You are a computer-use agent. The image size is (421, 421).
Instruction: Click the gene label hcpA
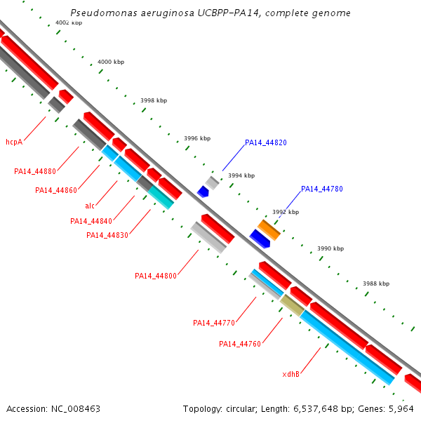tap(14, 142)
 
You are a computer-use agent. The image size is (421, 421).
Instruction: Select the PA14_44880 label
tap(35, 171)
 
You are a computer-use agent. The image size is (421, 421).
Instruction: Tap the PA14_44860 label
tap(56, 190)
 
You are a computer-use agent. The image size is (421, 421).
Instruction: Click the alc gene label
tap(89, 206)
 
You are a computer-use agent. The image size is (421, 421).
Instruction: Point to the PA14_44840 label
tap(91, 221)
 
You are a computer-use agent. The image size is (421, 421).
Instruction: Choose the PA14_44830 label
tap(107, 235)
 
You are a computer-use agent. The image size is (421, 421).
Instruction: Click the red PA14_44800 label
tap(156, 276)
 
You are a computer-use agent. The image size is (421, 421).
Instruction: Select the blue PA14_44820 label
tap(266, 142)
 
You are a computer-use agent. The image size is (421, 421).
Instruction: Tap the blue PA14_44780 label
tap(322, 189)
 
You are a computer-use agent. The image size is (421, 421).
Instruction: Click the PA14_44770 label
tap(214, 323)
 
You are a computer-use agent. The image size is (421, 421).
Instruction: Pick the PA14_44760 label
tap(240, 344)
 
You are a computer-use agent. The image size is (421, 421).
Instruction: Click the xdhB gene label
tap(291, 374)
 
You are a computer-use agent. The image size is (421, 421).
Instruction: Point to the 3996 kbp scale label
tap(197, 138)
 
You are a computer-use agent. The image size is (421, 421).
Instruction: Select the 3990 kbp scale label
tap(330, 248)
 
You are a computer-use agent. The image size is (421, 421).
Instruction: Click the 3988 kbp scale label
tap(375, 284)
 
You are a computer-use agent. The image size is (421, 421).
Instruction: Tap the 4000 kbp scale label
tap(110, 62)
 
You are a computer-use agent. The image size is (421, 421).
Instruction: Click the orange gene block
tap(269, 229)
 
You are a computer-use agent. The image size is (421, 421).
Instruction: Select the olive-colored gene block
tap(292, 305)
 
